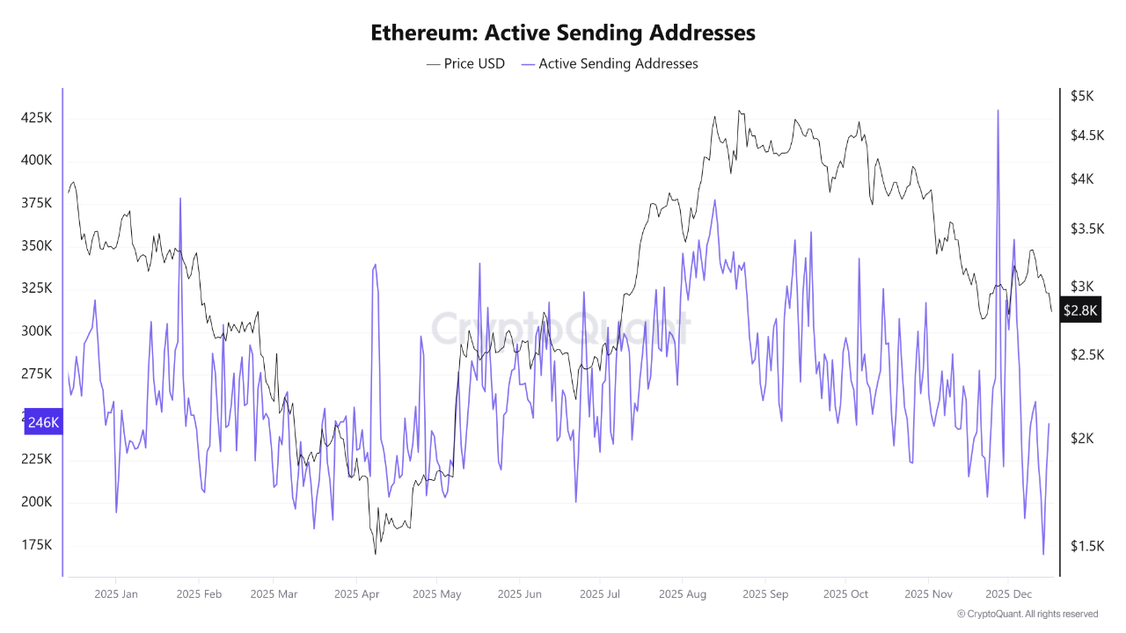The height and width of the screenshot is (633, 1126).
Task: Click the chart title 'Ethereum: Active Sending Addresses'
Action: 563,33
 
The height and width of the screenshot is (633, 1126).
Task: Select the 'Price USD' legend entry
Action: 465,63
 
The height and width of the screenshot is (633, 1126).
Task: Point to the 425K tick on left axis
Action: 36,118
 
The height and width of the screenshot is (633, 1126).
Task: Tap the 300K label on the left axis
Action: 36,331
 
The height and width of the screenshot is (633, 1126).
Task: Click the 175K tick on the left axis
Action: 36,545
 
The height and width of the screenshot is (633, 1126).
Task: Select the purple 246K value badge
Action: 43,423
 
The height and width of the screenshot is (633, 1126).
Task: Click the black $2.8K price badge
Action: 1080,310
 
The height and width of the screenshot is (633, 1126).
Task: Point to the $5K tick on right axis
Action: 1081,96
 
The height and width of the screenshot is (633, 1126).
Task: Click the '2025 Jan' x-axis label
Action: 116,594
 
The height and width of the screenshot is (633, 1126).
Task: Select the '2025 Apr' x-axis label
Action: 356,594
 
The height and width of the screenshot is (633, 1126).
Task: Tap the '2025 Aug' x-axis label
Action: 683,594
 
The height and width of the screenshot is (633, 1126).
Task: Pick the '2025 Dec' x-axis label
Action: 1009,594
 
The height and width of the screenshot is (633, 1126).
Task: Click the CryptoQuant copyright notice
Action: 1027,614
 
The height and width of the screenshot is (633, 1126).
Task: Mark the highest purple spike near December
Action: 998,111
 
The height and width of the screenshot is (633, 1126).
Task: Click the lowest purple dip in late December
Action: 1043,554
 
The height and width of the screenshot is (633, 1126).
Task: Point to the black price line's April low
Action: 376,553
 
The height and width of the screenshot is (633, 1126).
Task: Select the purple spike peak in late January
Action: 180,199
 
